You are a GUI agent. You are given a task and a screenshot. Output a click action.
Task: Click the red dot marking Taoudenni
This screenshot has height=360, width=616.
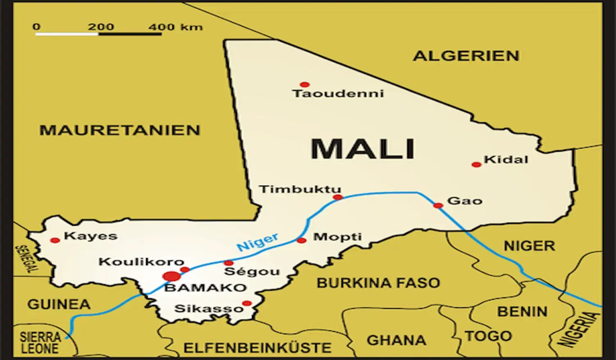pos(304,85)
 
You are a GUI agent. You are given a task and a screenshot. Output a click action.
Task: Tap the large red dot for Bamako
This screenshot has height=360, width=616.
pos(171,276)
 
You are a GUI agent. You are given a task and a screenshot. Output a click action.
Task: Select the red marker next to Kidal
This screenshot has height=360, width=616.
pos(476,165)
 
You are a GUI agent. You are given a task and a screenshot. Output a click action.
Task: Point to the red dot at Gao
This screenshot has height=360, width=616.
pos(438,205)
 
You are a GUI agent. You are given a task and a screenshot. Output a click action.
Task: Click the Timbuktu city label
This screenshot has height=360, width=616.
pos(300,189)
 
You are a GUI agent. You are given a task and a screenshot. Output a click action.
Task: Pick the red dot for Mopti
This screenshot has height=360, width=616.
pos(301,240)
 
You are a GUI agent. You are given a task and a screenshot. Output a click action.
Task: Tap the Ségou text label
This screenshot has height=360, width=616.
pos(252,272)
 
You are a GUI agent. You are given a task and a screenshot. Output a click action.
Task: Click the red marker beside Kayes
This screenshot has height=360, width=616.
pos(55,240)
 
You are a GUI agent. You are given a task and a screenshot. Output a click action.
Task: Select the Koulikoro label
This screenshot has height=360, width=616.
pos(141,262)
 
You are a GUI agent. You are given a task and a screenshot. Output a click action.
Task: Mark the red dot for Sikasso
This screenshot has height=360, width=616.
pos(247,304)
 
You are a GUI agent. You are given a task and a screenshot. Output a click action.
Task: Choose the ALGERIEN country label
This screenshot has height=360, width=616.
pos(466,56)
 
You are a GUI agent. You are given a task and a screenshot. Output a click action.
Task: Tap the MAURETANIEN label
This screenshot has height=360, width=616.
pos(120,130)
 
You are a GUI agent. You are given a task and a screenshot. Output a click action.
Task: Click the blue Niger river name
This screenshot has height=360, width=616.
pos(257,242)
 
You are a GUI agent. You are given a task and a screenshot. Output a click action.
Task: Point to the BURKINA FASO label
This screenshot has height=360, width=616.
pos(378,283)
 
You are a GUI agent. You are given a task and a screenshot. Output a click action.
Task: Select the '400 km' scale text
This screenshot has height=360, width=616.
pos(175,27)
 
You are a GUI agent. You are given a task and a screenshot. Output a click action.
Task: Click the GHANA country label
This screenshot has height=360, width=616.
pos(396,340)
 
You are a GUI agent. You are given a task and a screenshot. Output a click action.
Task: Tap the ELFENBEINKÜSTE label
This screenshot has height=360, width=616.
pos(257,348)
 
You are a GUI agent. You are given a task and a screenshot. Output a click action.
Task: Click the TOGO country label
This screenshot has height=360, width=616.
pos(488,336)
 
